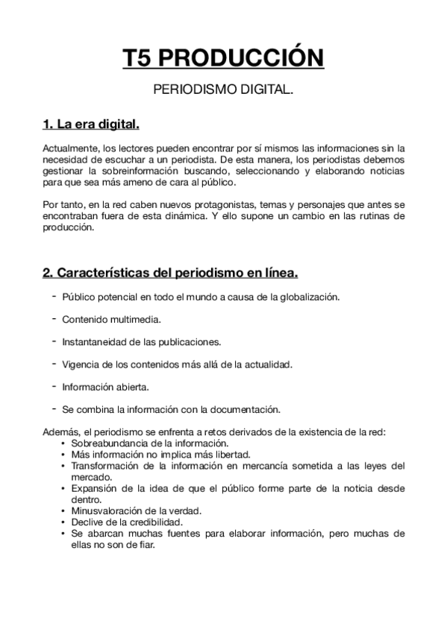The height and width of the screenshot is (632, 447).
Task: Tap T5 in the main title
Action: pos(140,58)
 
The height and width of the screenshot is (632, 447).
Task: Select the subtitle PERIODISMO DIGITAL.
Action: pos(223,90)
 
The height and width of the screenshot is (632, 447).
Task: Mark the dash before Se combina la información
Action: pos(55,408)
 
